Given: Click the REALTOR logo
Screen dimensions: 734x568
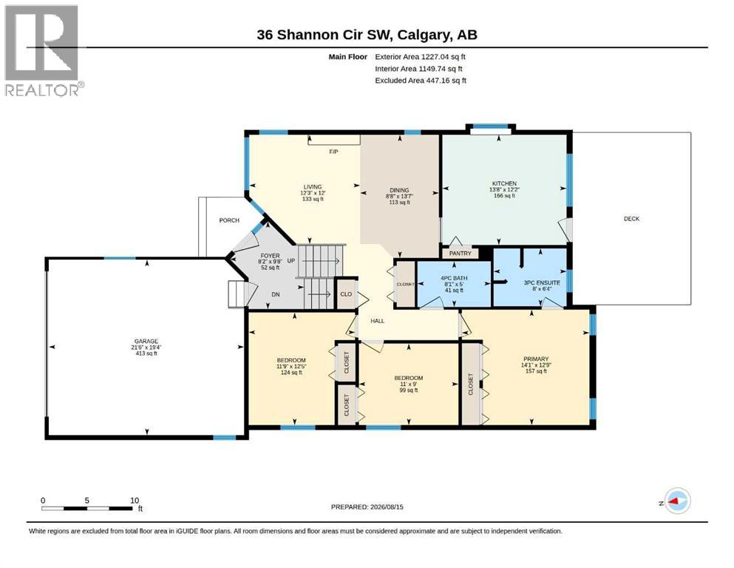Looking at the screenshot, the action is point(44,50).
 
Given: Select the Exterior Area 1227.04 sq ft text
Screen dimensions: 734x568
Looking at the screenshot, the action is point(420,57).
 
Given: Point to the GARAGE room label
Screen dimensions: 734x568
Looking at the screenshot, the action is point(146,342).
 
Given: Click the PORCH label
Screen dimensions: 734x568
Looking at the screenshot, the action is point(229,220).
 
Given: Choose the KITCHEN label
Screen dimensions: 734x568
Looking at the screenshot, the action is point(504,183).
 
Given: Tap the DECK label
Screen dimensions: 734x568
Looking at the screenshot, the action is point(631,219).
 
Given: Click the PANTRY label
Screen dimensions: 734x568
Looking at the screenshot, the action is point(461,254).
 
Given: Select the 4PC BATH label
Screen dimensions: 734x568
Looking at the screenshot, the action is point(454,278).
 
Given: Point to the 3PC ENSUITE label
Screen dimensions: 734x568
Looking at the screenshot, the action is point(542,283).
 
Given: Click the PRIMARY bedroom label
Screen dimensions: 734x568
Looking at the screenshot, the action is point(535,359).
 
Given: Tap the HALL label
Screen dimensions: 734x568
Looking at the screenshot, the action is point(377,321).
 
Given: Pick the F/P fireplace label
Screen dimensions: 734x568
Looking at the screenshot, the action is point(333,152).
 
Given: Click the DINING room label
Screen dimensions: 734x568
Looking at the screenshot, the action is point(399,190).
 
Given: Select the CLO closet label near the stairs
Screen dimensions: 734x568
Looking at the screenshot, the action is point(346,294).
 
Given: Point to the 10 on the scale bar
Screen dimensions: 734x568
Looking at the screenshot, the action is point(135,501).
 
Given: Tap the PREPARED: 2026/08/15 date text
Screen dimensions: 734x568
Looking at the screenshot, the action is point(367,507).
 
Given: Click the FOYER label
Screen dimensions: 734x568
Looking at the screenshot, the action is point(270,256).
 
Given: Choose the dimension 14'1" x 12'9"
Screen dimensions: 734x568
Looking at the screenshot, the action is point(535,365).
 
